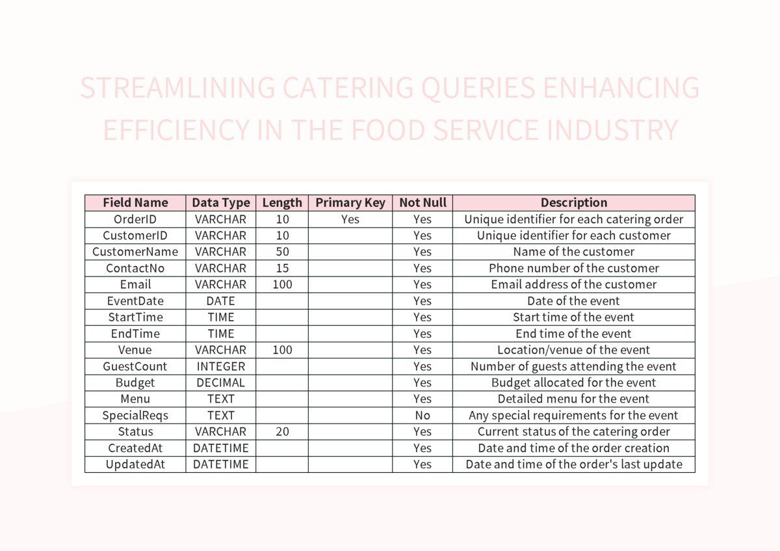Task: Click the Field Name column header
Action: click(x=135, y=202)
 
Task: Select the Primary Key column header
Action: click(x=350, y=202)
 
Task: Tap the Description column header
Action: click(x=574, y=202)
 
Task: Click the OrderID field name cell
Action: click(x=135, y=219)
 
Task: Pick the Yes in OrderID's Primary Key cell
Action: click(x=350, y=219)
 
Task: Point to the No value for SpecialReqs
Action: click(x=422, y=415)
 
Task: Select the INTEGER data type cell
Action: click(x=221, y=366)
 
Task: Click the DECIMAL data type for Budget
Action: click(x=221, y=383)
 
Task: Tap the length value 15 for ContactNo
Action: click(x=282, y=268)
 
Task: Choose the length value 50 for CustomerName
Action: click(x=282, y=252)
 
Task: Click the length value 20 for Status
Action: click(x=282, y=431)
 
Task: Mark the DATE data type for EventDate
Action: click(x=221, y=301)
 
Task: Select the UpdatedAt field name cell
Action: click(x=135, y=464)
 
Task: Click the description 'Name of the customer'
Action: click(x=574, y=252)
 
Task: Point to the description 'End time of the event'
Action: click(x=574, y=334)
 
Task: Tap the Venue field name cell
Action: click(x=135, y=350)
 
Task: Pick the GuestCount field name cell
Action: click(x=135, y=366)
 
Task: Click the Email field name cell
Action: click(x=135, y=284)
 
